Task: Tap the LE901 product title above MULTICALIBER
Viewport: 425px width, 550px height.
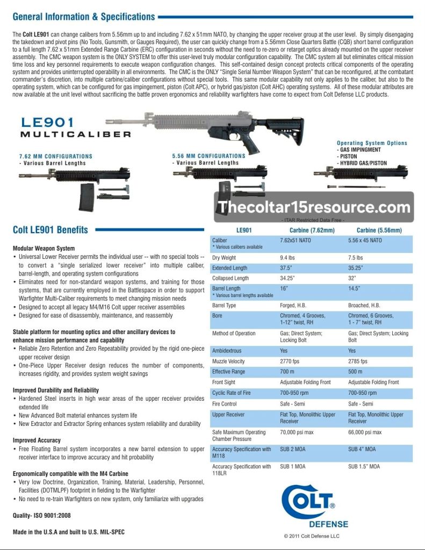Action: point(48,123)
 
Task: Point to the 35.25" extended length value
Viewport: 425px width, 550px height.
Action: point(356,268)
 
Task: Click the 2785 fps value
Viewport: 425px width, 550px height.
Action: point(358,361)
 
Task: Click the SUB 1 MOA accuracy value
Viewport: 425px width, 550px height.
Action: point(293,467)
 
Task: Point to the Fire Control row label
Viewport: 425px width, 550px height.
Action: point(225,403)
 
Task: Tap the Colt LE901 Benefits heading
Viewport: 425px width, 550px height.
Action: point(51,230)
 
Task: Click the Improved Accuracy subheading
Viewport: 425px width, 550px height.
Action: point(37,440)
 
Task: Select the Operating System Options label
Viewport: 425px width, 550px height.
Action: point(372,143)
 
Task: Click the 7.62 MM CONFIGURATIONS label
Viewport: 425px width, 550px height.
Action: point(55,156)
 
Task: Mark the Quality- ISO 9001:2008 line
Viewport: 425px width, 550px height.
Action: point(42,515)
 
